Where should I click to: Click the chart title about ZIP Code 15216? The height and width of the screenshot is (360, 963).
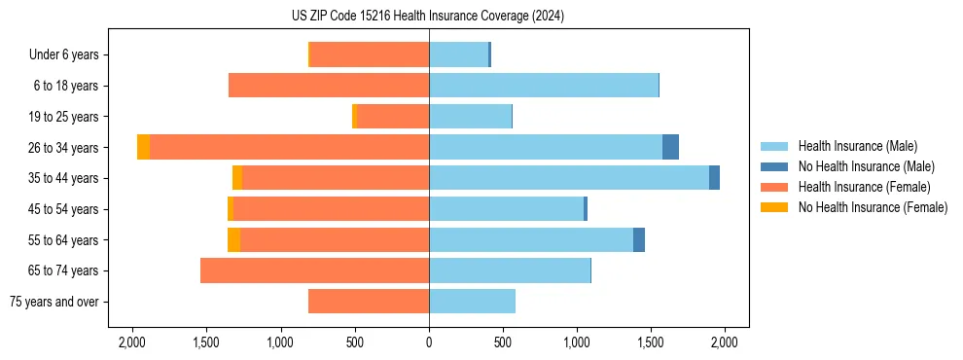tap(428, 17)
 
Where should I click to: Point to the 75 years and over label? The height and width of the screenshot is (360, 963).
tap(53, 302)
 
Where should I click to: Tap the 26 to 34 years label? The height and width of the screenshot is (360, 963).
tap(64, 148)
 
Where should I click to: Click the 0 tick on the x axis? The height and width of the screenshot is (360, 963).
tap(429, 342)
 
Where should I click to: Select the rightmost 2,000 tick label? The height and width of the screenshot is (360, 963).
tap(724, 342)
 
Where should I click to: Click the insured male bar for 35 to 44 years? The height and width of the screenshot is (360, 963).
tap(569, 178)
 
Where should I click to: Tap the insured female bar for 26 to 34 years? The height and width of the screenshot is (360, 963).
tap(290, 147)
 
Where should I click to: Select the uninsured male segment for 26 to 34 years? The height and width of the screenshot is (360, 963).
tap(670, 147)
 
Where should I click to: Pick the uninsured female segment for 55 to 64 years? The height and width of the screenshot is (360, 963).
tap(233, 239)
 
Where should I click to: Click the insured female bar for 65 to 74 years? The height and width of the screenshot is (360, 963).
tap(314, 270)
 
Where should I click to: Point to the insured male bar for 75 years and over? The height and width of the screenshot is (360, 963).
tap(472, 302)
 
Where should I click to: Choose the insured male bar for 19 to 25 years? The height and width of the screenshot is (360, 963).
tap(470, 117)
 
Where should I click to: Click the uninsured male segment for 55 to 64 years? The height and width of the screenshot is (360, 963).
tap(639, 239)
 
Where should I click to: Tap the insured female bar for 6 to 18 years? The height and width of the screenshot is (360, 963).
tap(329, 86)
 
